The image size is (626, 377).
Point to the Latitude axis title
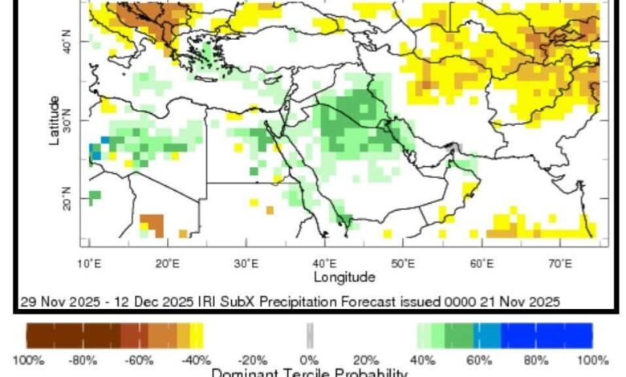[54, 121]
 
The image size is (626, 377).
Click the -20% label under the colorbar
[253, 360]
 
